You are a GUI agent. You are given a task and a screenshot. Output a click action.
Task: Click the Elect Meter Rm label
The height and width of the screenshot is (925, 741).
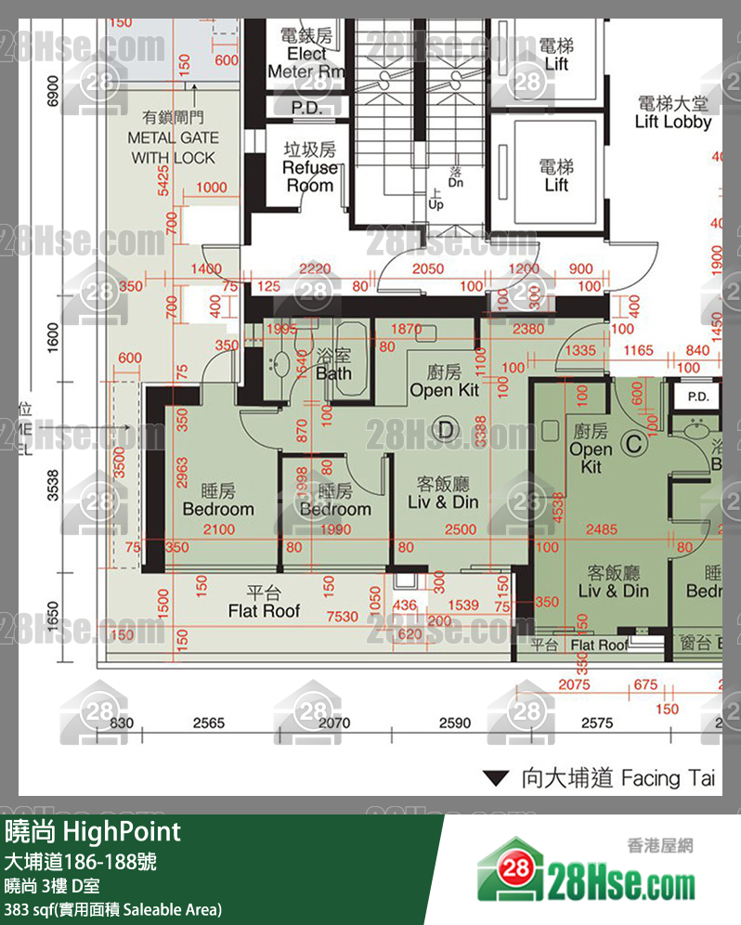pyautogui.click(x=306, y=54)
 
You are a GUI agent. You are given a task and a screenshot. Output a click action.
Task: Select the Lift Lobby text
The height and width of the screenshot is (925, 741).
pyautogui.click(x=673, y=112)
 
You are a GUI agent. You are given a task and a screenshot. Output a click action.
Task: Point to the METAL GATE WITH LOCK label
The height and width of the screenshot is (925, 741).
pyautogui.click(x=174, y=137)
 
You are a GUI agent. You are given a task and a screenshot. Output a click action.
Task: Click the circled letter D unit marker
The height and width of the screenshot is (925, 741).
pyautogui.click(x=448, y=429)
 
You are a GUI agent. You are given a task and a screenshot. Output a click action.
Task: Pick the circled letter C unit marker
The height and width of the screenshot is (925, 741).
pyautogui.click(x=634, y=444)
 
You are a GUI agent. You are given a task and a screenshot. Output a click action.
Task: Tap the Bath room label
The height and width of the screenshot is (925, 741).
pyautogui.click(x=333, y=365)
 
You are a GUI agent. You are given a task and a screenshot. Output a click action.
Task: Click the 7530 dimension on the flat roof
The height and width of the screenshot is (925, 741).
pyautogui.click(x=342, y=617)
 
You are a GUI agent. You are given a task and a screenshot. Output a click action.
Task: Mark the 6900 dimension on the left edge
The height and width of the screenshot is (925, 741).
pyautogui.click(x=53, y=93)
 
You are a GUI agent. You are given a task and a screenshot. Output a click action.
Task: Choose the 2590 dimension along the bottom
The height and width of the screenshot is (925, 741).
pyautogui.click(x=455, y=723)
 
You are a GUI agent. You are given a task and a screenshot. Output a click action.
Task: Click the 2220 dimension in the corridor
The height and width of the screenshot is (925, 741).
pyautogui.click(x=316, y=269)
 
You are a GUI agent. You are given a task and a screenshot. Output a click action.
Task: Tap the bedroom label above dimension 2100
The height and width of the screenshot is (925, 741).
pyautogui.click(x=218, y=501)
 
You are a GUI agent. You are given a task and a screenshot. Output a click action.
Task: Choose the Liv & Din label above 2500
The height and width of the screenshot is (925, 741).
pyautogui.click(x=442, y=493)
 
